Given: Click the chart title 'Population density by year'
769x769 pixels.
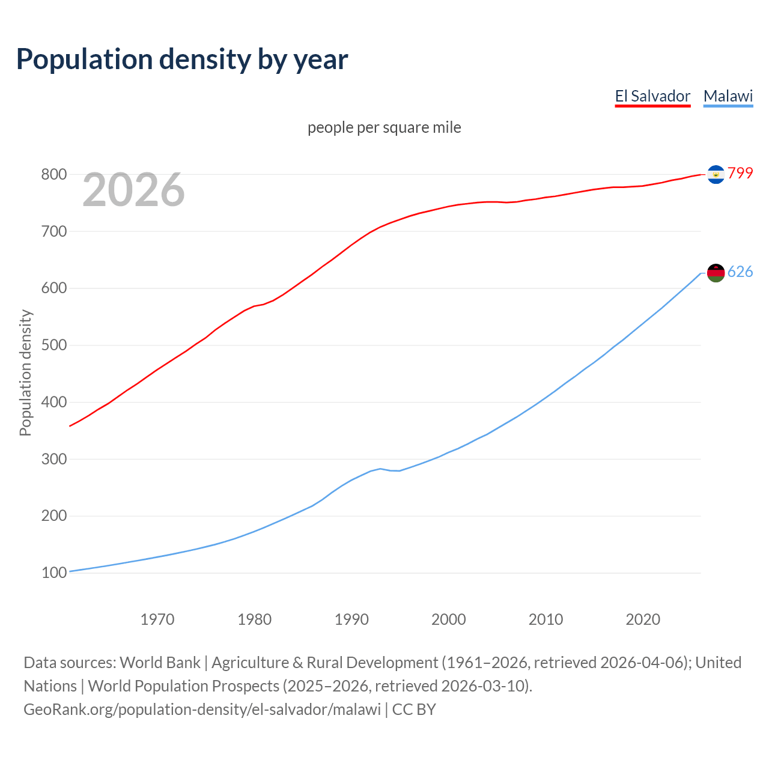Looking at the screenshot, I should point(182,59).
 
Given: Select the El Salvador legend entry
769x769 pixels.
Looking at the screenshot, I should point(652,96).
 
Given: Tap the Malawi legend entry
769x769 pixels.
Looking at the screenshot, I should point(728,96).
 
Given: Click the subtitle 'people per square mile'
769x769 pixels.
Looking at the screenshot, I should point(384,128).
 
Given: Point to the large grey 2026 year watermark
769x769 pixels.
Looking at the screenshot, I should point(133,190).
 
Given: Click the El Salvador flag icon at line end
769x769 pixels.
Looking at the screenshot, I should point(716,174).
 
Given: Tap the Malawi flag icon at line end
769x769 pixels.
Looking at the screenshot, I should point(716,273).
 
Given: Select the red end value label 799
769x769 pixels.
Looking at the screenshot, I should point(740,173).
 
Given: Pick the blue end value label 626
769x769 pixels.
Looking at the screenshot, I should point(740,272).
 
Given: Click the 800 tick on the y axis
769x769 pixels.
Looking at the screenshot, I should point(53,175).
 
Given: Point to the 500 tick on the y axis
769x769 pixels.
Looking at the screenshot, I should point(53,345).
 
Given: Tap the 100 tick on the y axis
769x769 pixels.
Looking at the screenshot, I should point(53,573).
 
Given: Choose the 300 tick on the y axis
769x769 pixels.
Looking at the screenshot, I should point(53,460).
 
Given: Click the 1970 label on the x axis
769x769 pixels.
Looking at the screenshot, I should point(157,619).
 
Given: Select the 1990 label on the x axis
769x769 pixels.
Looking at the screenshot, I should point(351,619).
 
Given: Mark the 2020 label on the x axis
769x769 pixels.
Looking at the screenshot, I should point(643,619).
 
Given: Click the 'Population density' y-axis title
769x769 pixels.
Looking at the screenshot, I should point(25,372).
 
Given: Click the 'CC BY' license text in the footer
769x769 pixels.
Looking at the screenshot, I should point(414,710).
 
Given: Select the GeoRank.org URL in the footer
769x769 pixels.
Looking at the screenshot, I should point(202,710).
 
